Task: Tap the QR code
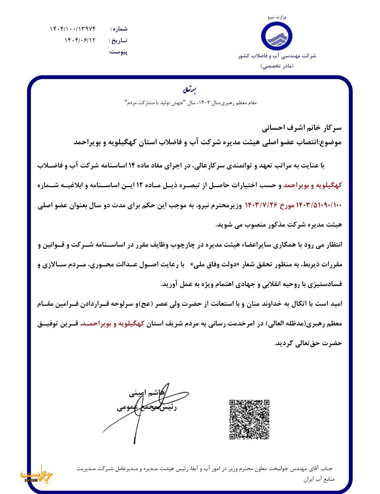pyautogui.click(x=249, y=419)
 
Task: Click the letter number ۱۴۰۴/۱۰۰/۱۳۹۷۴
pyautogui.click(x=73, y=28)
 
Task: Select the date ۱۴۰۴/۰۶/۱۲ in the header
pyautogui.click(x=80, y=40)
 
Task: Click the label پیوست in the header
pyautogui.click(x=119, y=52)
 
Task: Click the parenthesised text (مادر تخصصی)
pyautogui.click(x=277, y=66)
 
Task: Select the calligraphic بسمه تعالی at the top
pyautogui.click(x=190, y=90)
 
